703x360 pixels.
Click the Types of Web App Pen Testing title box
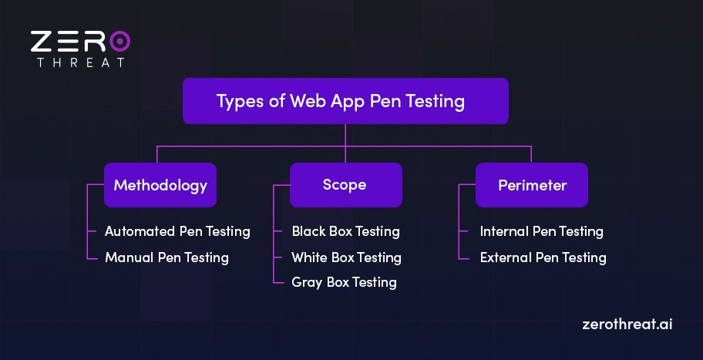pyautogui.click(x=345, y=101)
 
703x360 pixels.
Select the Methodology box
pyautogui.click(x=160, y=185)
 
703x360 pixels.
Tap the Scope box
pyautogui.click(x=345, y=185)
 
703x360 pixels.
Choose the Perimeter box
pyautogui.click(x=532, y=185)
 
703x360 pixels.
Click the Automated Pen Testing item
pyautogui.click(x=177, y=231)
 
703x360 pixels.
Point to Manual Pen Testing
pyautogui.click(x=166, y=257)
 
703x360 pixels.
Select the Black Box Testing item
pyautogui.click(x=345, y=231)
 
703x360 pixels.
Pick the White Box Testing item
pyautogui.click(x=346, y=257)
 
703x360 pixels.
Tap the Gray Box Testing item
pyautogui.click(x=344, y=282)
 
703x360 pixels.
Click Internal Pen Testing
pyautogui.click(x=541, y=231)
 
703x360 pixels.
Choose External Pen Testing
pyautogui.click(x=543, y=257)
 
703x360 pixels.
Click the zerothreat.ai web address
pyautogui.click(x=627, y=325)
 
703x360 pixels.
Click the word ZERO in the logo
pyautogui.click(x=80, y=41)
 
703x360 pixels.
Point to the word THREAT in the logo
pyautogui.click(x=80, y=62)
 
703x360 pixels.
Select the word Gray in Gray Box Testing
pyautogui.click(x=307, y=283)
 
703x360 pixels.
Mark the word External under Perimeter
pyautogui.click(x=506, y=257)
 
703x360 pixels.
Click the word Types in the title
pyautogui.click(x=238, y=102)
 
